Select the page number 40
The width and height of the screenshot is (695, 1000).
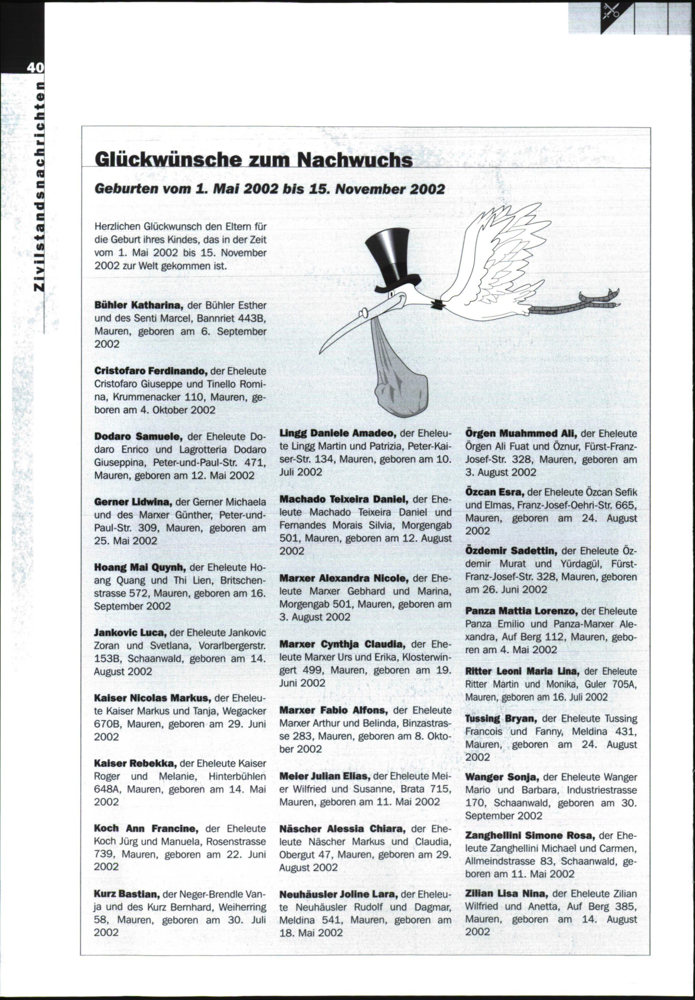(x=34, y=68)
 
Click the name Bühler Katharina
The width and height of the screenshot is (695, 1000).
(x=139, y=305)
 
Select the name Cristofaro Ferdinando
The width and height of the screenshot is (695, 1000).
(x=150, y=371)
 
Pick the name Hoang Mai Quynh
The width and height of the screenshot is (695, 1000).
(x=140, y=567)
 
